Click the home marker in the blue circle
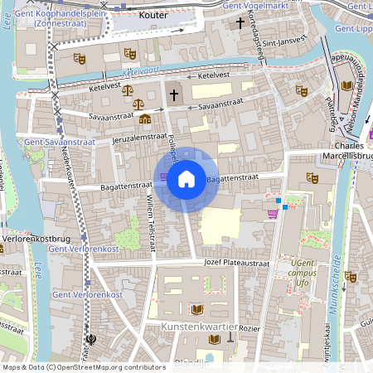(x=186, y=179)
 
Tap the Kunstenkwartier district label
(x=199, y=327)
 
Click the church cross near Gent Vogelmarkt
(x=240, y=22)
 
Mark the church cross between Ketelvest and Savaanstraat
(x=173, y=95)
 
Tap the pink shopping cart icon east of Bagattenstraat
(x=272, y=214)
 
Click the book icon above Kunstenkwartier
(x=196, y=309)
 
